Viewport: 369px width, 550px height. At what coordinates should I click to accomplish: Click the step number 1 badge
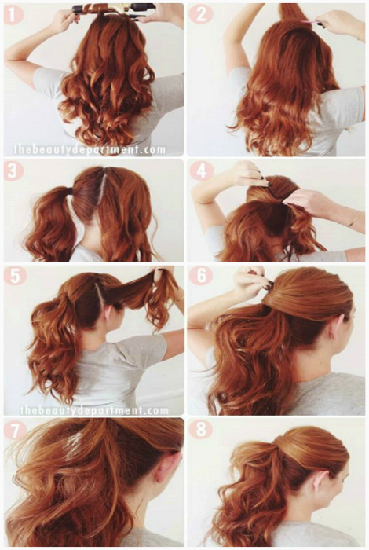pos(13,15)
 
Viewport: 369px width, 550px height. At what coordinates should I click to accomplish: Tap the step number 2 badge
pos(200,14)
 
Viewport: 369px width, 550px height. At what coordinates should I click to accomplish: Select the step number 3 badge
pos(13,171)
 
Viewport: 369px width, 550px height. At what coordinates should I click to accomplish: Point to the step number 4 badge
pos(200,171)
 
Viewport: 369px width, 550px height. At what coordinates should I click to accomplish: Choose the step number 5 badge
pos(15,276)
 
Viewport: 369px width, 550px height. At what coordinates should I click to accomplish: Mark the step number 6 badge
pos(202,276)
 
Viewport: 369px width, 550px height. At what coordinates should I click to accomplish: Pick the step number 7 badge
pos(15,431)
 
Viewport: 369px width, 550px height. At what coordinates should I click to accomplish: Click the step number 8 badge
pos(201,429)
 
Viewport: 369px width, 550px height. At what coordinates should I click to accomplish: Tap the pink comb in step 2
pos(310,23)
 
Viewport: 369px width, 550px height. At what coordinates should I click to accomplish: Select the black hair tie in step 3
pos(70,190)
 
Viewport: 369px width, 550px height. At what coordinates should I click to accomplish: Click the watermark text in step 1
pos(90,150)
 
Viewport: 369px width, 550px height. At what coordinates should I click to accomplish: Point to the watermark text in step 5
pos(94,409)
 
